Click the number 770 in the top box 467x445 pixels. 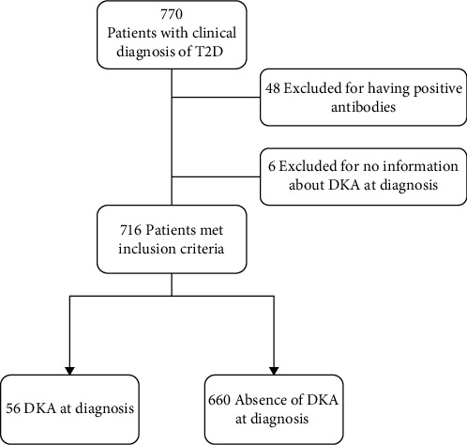[x=172, y=14]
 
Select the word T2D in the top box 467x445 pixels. [x=210, y=52]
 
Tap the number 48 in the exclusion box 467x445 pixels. [x=273, y=88]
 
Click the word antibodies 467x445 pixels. [x=363, y=107]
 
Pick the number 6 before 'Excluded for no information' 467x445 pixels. [x=272, y=166]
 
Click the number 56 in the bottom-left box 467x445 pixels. [x=13, y=409]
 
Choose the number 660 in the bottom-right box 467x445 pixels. [x=219, y=400]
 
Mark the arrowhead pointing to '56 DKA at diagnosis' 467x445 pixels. [x=69, y=371]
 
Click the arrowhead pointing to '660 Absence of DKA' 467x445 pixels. [x=274, y=371]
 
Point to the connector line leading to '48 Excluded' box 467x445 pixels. [x=216, y=98]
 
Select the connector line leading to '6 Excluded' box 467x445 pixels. [x=216, y=176]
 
